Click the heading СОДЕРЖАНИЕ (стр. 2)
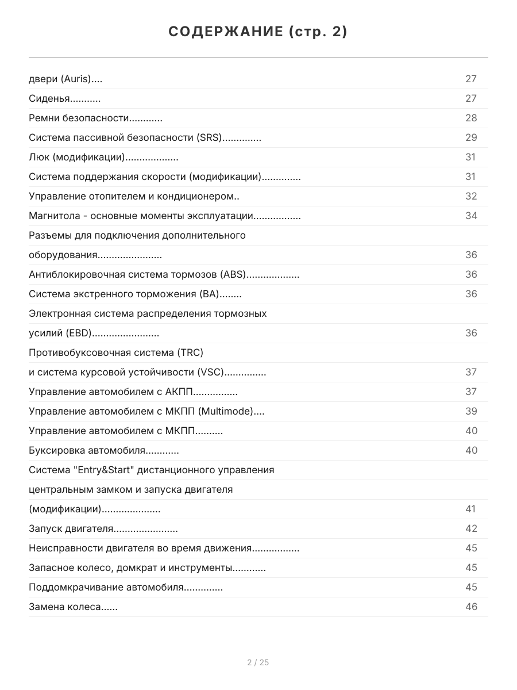[x=258, y=32]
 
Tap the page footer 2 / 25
[x=258, y=662]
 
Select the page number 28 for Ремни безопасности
[x=471, y=118]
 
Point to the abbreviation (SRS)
[x=209, y=138]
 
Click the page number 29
[x=471, y=138]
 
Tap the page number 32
[x=471, y=197]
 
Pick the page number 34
[x=471, y=216]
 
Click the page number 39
[x=471, y=412]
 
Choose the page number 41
[x=471, y=509]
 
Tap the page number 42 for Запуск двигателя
[x=471, y=529]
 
